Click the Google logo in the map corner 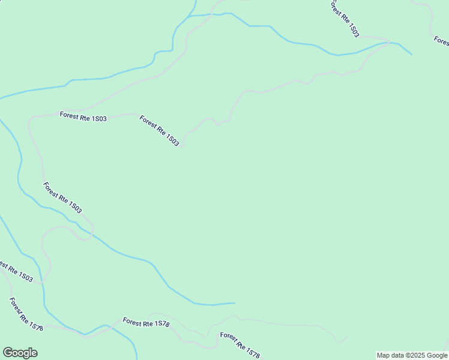(20, 353)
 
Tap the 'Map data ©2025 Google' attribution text (412, 355)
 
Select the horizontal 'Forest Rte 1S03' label (83, 118)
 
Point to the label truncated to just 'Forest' (442, 41)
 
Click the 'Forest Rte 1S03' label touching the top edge (344, 19)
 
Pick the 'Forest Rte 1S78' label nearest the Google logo (26, 314)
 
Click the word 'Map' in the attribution (384, 355)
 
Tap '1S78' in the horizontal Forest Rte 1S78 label (162, 325)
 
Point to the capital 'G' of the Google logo (8, 353)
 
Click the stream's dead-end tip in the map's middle (234, 302)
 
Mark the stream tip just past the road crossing (412, 55)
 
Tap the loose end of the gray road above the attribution (346, 337)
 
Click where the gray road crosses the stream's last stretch (389, 43)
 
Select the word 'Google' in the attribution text (437, 355)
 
